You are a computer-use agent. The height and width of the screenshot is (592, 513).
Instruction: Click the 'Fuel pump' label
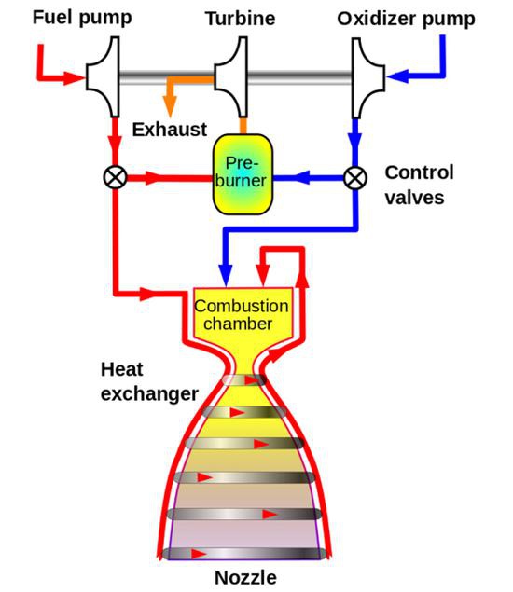(82, 18)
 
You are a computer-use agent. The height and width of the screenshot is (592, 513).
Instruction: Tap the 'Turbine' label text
(241, 19)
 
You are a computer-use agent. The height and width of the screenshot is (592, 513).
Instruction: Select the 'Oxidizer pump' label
(406, 20)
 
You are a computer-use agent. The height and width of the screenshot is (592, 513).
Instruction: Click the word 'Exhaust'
(170, 130)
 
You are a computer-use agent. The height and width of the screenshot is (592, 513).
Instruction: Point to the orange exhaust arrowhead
(171, 106)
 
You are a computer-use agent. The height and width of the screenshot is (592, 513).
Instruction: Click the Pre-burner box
(243, 174)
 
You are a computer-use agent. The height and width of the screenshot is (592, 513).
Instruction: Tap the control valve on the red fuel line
(115, 177)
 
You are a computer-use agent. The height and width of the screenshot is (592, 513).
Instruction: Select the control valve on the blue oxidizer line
(355, 177)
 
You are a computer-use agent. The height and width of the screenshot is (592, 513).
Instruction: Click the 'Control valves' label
(419, 185)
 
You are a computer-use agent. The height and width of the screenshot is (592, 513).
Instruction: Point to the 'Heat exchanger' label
(149, 381)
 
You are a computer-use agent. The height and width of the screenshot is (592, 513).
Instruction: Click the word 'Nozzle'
(245, 577)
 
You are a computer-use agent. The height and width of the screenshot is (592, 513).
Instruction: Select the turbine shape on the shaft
(231, 77)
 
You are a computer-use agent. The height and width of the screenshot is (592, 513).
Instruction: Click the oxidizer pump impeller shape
(368, 77)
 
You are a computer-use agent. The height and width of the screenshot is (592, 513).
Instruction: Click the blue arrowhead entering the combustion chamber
(226, 275)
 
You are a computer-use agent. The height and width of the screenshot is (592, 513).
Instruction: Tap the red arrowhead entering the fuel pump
(74, 77)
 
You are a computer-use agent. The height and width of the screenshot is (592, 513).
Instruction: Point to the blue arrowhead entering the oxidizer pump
(397, 76)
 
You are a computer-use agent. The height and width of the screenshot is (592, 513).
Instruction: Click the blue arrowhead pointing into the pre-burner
(301, 177)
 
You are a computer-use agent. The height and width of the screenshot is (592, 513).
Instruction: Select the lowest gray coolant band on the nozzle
(242, 554)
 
